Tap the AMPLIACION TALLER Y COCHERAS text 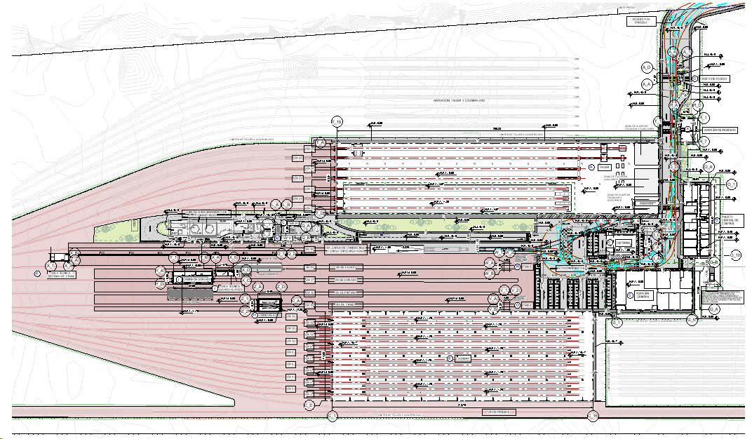point(459,100)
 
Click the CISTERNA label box point(624,243)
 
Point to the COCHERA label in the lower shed point(462,358)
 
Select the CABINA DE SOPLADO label point(197,278)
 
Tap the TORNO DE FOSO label point(269,315)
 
